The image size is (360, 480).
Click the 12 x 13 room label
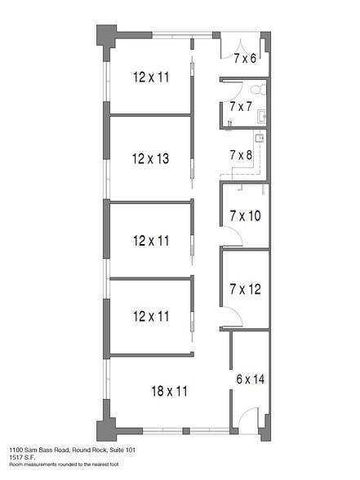click(150, 158)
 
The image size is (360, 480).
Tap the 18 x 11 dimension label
click(169, 391)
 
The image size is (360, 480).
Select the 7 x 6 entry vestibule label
click(245, 58)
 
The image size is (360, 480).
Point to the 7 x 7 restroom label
click(241, 106)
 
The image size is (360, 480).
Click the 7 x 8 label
click(241, 155)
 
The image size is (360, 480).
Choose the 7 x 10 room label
click(245, 216)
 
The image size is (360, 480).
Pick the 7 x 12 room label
click(245, 289)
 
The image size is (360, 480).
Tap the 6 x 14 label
click(251, 380)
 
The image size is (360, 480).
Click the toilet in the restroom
click(258, 90)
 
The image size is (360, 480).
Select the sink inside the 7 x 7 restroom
click(262, 116)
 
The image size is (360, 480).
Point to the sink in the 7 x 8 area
click(260, 138)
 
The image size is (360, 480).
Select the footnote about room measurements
click(64, 464)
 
